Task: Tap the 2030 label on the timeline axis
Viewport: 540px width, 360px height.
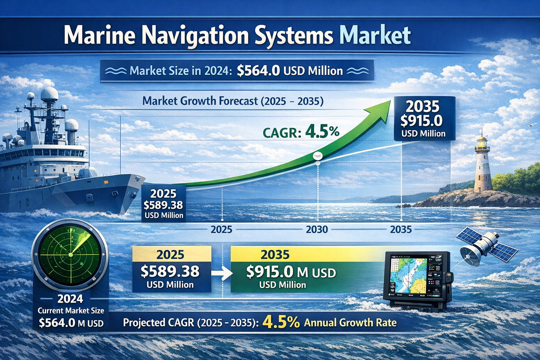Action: pyautogui.click(x=317, y=230)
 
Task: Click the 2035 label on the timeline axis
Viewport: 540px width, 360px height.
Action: pyautogui.click(x=401, y=230)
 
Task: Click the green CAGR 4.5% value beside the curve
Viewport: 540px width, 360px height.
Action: pyautogui.click(x=322, y=132)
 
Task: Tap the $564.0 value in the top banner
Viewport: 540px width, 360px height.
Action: pyautogui.click(x=258, y=71)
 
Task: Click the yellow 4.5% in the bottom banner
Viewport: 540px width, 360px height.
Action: pyautogui.click(x=281, y=322)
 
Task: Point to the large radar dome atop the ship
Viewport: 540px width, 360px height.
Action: pyautogui.click(x=49, y=95)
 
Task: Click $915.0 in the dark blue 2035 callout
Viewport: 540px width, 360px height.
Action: pyautogui.click(x=421, y=121)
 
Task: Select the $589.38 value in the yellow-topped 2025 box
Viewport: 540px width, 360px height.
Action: pyautogui.click(x=170, y=271)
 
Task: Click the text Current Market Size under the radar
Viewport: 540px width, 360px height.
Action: pyautogui.click(x=71, y=310)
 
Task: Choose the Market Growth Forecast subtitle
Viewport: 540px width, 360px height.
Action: pyautogui.click(x=233, y=101)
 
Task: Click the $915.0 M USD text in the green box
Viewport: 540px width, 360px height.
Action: pyautogui.click(x=291, y=272)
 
